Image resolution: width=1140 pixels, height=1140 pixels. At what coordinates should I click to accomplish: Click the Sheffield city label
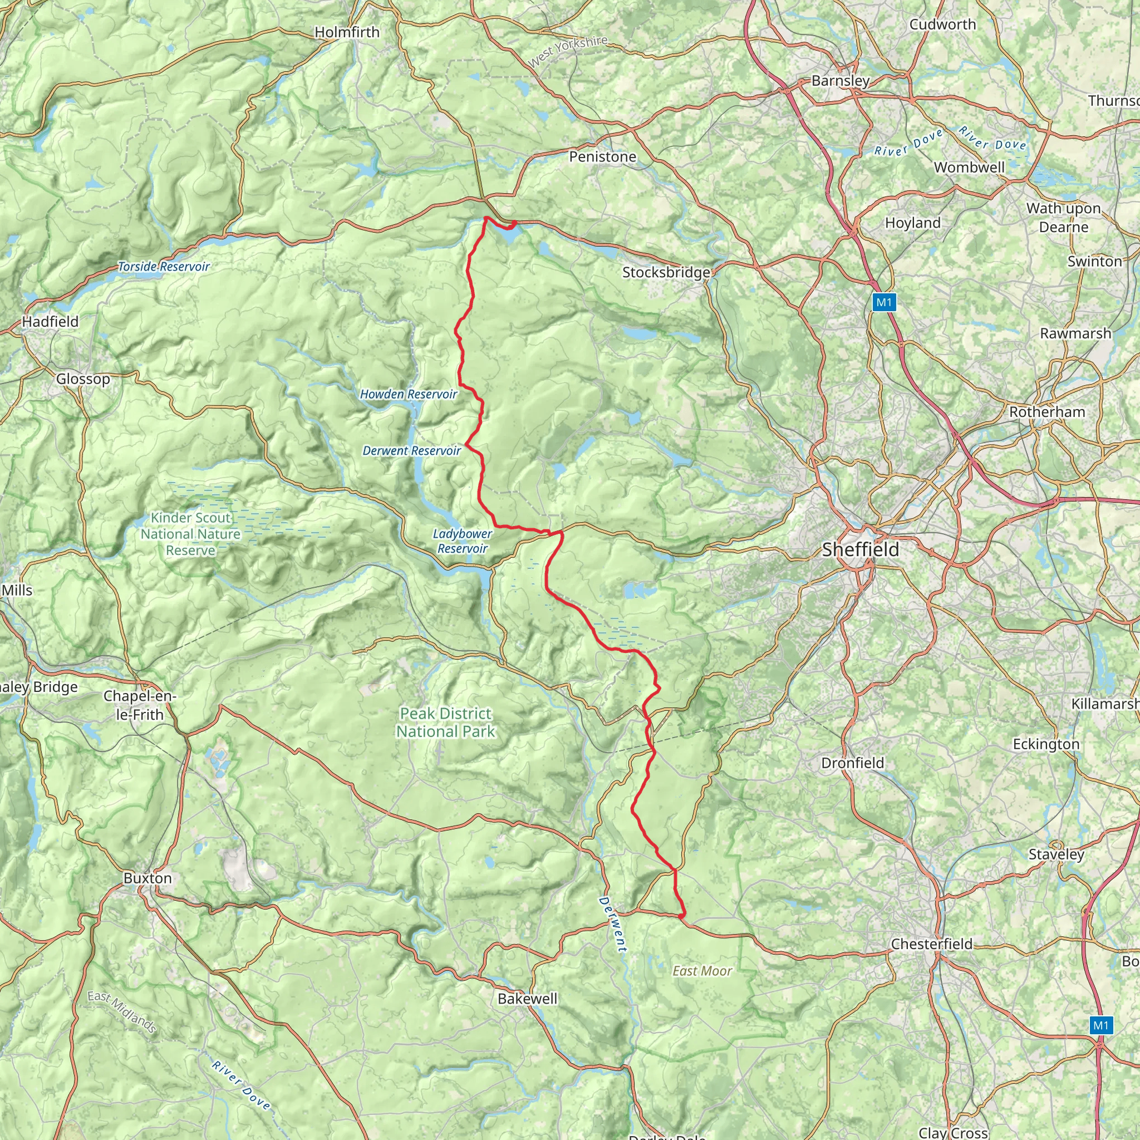[861, 549]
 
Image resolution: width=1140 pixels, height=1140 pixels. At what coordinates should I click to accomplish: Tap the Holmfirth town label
[347, 32]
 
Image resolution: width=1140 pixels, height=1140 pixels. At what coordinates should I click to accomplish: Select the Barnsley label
[840, 80]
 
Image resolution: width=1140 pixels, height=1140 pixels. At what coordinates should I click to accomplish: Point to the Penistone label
[602, 156]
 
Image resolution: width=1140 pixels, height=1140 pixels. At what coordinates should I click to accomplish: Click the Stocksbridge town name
[666, 272]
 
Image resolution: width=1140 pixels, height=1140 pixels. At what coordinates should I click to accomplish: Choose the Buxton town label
[148, 878]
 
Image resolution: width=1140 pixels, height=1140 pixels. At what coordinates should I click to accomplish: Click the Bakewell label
[528, 999]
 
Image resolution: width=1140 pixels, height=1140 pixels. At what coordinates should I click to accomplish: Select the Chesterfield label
[932, 944]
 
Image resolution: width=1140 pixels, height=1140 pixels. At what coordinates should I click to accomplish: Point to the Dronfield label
[853, 763]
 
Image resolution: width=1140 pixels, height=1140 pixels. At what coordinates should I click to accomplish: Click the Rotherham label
[1048, 412]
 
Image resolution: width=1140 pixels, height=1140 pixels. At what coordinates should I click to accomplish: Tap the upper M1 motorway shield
[884, 303]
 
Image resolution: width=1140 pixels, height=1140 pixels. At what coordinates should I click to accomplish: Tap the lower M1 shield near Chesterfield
[1100, 1025]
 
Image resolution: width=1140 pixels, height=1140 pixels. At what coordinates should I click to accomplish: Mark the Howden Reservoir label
[409, 394]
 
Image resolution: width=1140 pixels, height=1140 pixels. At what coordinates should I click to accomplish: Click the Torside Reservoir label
[164, 267]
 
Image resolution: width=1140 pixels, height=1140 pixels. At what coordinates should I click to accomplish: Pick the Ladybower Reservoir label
[462, 541]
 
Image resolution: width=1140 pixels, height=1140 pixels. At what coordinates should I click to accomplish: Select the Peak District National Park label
[445, 722]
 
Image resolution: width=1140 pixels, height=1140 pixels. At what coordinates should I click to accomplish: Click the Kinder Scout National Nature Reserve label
[190, 534]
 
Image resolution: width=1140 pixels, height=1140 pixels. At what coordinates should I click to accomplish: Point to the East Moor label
[702, 971]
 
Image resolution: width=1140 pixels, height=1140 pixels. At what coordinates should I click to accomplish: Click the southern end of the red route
[682, 916]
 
